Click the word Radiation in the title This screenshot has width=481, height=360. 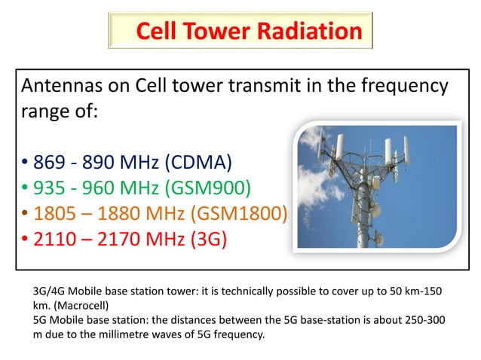tap(309, 31)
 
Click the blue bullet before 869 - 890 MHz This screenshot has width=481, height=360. tap(25, 163)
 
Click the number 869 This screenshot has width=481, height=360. tap(51, 161)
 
